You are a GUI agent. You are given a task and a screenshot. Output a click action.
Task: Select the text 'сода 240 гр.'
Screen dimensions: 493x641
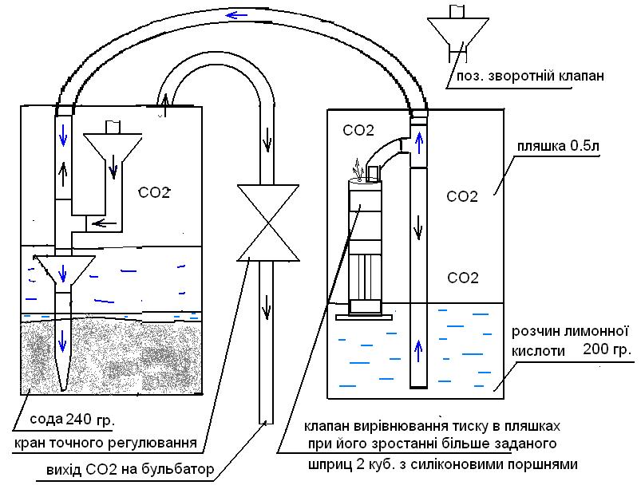[x=68, y=420]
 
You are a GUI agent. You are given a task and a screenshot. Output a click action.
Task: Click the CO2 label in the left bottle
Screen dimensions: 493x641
[x=154, y=192]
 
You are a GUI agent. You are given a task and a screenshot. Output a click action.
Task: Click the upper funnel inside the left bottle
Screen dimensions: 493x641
[x=113, y=148]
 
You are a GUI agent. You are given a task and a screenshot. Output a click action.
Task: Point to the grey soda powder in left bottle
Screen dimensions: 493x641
[x=112, y=355]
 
